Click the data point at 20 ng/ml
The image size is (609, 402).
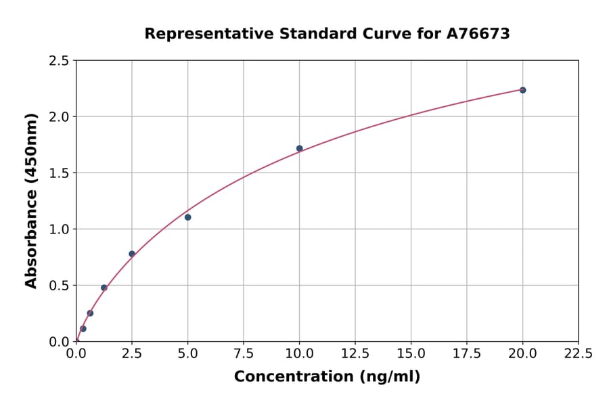click(522, 90)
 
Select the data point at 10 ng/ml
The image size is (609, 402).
click(299, 148)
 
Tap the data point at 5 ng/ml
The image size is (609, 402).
click(187, 217)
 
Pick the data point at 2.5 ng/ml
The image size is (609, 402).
click(132, 254)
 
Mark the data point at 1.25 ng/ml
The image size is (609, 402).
click(104, 288)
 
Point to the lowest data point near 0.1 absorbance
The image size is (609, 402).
click(83, 329)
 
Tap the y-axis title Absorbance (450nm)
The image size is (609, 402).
click(31, 201)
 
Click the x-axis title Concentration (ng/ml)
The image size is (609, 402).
click(327, 377)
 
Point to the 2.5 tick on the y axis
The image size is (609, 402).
click(59, 61)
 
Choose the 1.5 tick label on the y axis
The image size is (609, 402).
click(59, 173)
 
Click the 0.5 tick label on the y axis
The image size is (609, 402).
click(59, 286)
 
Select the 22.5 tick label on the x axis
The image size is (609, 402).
click(578, 353)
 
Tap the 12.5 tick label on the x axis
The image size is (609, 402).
click(355, 353)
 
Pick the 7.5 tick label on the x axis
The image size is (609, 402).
click(244, 353)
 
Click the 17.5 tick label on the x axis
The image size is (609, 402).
click(467, 353)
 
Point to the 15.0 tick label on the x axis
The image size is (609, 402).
click(411, 353)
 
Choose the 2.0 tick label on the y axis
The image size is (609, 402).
click(59, 117)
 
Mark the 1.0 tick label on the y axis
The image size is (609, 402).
click(59, 229)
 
